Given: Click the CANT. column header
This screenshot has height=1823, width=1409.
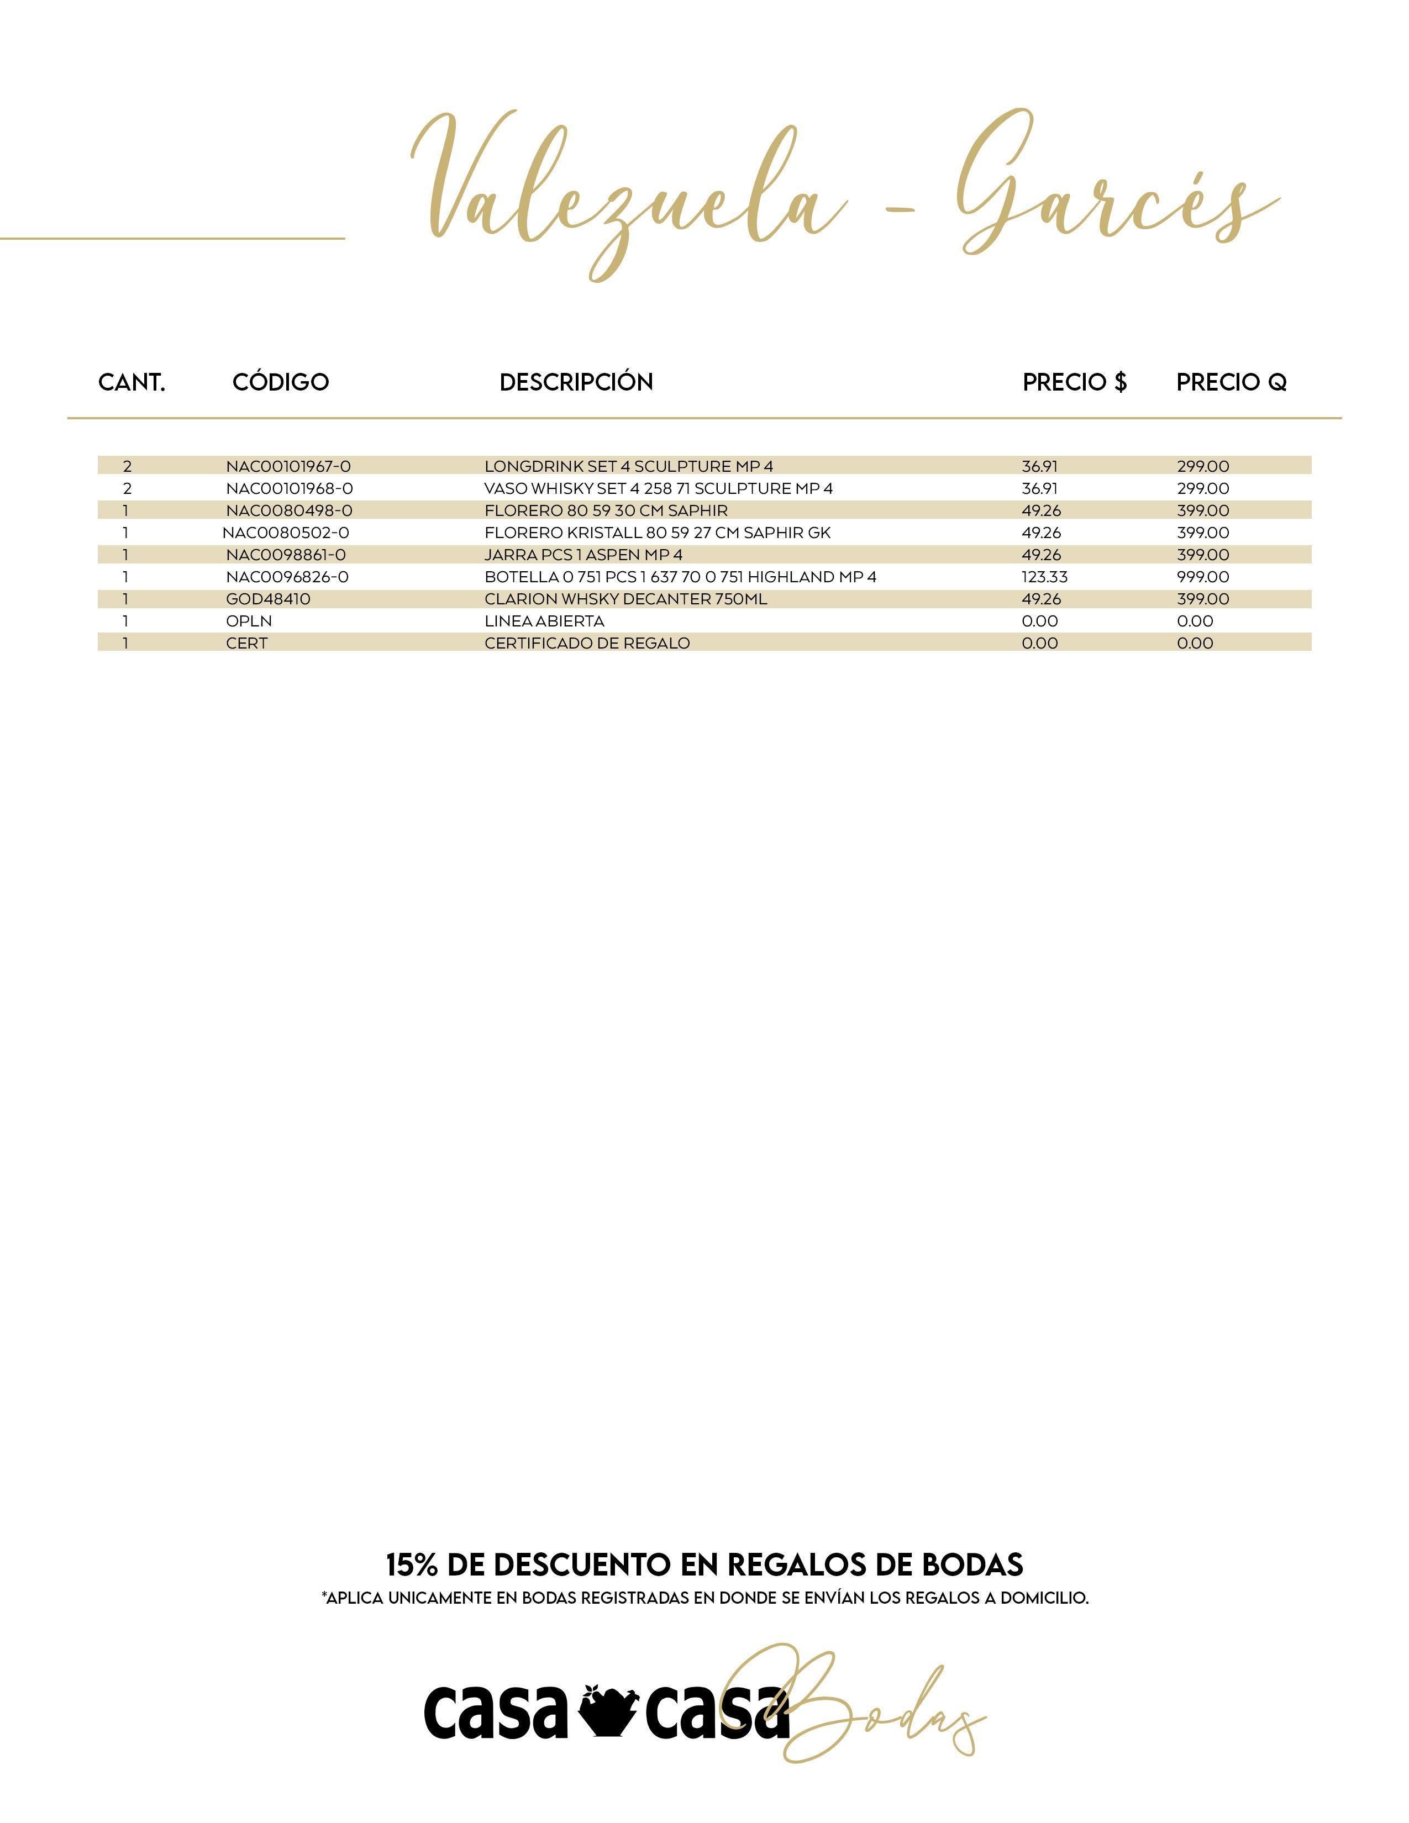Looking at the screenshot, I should click(132, 382).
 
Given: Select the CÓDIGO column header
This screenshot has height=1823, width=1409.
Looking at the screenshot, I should click(281, 382).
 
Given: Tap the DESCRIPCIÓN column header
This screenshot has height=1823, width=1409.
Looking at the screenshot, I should click(576, 382).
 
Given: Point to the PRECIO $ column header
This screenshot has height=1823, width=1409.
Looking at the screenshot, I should click(1074, 382).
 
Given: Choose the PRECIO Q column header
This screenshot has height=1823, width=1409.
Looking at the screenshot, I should click(1231, 382).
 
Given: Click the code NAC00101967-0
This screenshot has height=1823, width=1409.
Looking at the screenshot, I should click(288, 466).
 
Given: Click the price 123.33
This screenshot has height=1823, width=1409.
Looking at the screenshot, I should click(1044, 577).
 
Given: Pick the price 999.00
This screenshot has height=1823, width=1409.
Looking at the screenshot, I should click(1203, 577).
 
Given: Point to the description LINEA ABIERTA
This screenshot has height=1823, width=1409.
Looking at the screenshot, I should click(544, 621).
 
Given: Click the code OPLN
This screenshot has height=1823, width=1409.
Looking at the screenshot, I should click(249, 621).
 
